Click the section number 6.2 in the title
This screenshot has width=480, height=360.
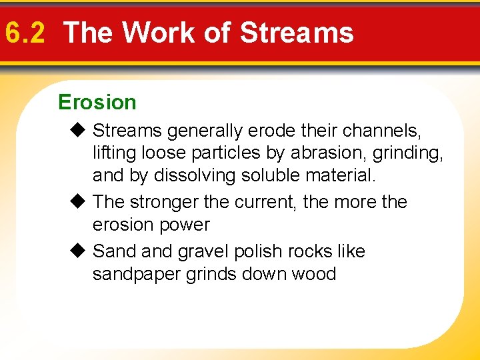pyautogui.click(x=25, y=33)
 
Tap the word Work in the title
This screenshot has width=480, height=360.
pyautogui.click(x=155, y=33)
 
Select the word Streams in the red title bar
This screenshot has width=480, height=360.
pyautogui.click(x=297, y=33)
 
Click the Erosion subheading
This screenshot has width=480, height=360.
pyautogui.click(x=97, y=103)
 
